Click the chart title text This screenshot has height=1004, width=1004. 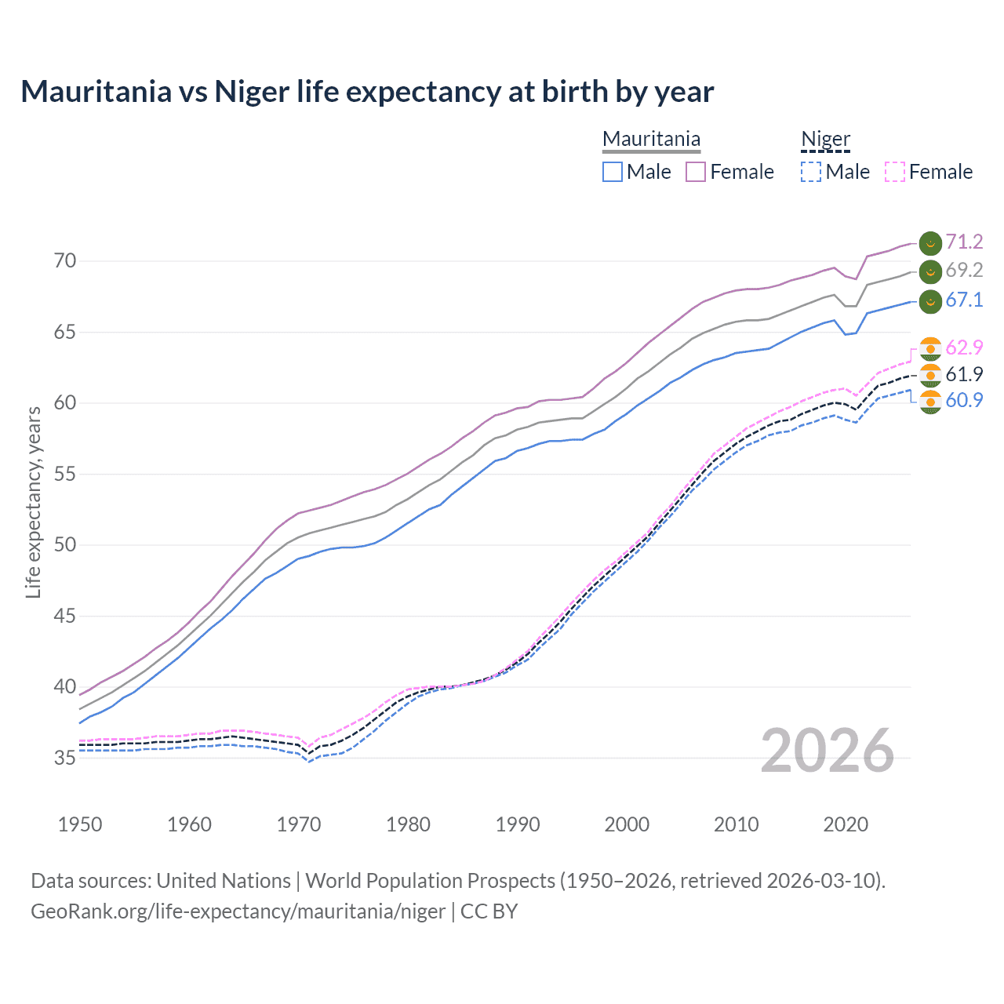click(x=367, y=92)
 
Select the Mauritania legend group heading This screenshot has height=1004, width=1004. click(x=651, y=139)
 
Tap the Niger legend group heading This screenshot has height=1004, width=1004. click(x=825, y=139)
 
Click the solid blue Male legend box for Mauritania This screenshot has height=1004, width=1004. click(x=613, y=172)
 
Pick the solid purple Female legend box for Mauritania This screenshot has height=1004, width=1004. click(x=696, y=172)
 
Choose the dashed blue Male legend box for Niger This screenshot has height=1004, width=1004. click(x=811, y=172)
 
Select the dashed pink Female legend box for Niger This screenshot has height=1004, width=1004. click(x=895, y=172)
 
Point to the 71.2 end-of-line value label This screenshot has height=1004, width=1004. click(x=964, y=242)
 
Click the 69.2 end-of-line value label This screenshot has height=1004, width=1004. click(x=964, y=271)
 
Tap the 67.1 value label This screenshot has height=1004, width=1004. click(x=964, y=300)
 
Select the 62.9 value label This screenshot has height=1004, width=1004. click(x=964, y=347)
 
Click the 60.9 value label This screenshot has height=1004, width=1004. click(x=964, y=400)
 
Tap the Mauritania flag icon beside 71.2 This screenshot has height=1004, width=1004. click(x=930, y=243)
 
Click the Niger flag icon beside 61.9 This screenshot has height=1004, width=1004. click(x=930, y=375)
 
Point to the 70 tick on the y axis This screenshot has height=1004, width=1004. click(x=65, y=261)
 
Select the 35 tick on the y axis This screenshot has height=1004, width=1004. click(x=65, y=758)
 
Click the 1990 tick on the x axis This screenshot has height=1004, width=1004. click(x=518, y=824)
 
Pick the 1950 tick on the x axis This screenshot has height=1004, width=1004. click(x=80, y=824)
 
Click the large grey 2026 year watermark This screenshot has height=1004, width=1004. click(x=827, y=751)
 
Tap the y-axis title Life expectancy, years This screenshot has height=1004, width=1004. click(x=33, y=502)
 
